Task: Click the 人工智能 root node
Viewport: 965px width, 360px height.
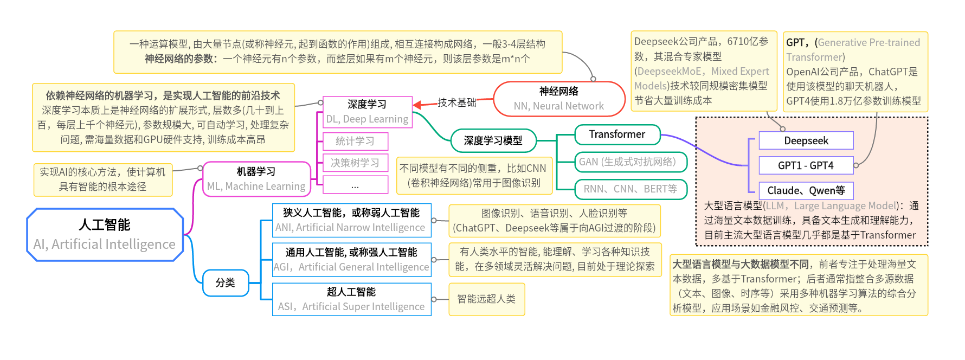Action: (105, 235)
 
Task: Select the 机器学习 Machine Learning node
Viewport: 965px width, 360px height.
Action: (256, 179)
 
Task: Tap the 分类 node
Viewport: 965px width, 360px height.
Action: (226, 283)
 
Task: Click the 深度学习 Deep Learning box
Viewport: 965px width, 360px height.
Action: (367, 112)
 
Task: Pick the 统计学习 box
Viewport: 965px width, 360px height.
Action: (355, 142)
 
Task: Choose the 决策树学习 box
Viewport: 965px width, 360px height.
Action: (355, 163)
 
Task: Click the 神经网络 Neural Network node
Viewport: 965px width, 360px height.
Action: (559, 99)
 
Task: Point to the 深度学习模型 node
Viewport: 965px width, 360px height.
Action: (493, 141)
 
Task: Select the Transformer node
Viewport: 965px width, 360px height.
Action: (617, 134)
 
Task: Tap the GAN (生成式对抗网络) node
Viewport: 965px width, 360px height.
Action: (628, 162)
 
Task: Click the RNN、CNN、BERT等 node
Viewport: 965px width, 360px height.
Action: (631, 189)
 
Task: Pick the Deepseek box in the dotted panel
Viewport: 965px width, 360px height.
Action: (806, 141)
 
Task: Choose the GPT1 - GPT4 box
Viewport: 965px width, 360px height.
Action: (806, 165)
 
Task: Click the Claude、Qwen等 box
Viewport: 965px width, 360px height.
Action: (806, 190)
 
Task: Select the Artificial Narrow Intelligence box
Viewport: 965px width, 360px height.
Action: (351, 220)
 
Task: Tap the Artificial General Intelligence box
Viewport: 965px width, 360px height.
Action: (351, 260)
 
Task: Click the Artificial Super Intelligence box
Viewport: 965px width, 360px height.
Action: (351, 299)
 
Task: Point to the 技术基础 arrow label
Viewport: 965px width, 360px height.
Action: (457, 102)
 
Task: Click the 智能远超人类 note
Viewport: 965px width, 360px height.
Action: (486, 299)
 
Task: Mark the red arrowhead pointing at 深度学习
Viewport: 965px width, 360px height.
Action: (417, 105)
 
